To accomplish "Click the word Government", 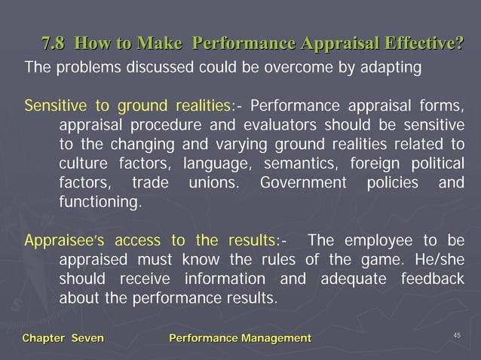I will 302,182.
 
